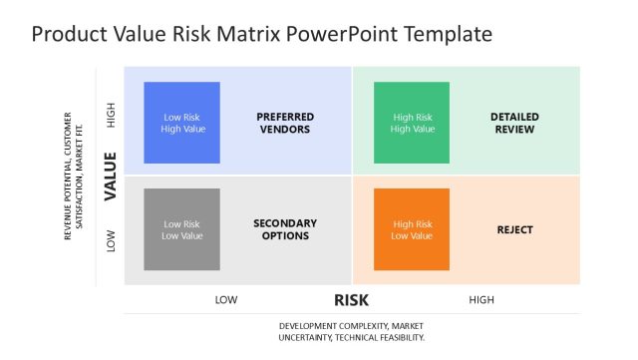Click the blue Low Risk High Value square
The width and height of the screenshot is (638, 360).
point(181,122)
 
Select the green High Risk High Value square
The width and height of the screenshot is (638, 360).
point(412,122)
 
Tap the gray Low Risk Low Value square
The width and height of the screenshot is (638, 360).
point(181,229)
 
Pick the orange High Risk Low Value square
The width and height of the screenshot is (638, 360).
point(412,229)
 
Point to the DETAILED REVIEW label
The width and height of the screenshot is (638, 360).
point(514,123)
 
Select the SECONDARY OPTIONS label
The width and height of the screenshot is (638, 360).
point(284,229)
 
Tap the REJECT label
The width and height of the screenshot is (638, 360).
point(514,229)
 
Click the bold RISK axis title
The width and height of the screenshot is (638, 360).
point(352,299)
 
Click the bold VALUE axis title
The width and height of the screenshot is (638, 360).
point(111,176)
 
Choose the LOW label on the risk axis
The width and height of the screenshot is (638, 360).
point(226,299)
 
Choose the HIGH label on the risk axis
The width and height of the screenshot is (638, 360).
point(481,299)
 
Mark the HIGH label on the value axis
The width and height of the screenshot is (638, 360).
point(111,118)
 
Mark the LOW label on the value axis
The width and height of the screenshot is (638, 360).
point(111,240)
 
